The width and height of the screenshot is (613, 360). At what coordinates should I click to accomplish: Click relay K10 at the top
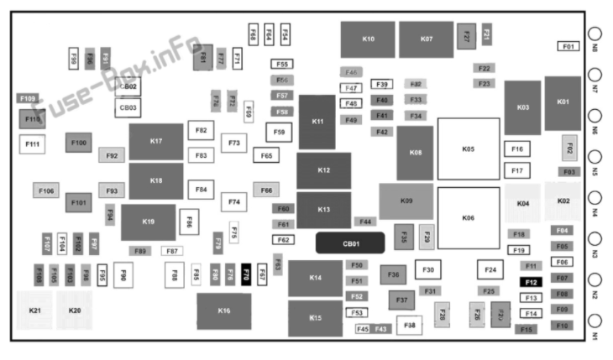pos(367,39)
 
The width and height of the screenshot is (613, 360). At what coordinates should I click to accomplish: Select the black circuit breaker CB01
pos(350,243)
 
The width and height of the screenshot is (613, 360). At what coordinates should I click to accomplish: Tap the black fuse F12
pos(531,283)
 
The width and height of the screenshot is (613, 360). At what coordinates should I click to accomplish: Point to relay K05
pos(468,149)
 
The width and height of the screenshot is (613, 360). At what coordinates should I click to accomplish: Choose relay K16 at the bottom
pos(223,310)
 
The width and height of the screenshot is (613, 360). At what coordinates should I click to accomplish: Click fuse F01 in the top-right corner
pos(568,46)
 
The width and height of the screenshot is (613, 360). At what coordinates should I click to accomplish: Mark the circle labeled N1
pos(595,321)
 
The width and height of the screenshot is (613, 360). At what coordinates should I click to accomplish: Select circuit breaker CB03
pos(128,107)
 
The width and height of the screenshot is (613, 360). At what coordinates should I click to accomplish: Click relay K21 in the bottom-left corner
pos(34,310)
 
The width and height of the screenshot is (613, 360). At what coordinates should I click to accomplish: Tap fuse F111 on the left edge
pos(33,144)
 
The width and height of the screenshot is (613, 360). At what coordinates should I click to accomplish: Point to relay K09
pos(406,201)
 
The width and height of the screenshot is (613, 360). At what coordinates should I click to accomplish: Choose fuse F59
pos(279,132)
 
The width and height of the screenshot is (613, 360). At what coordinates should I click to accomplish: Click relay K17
pos(156,141)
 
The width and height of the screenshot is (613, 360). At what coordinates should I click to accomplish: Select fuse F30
pos(428,269)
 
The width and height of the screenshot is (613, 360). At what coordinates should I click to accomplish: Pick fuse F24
pos(490,269)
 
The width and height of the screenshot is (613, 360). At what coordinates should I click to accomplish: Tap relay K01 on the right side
pos(563,102)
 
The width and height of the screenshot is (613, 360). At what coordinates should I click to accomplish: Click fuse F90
pos(122,274)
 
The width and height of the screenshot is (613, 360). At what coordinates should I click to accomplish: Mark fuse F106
pos(46,191)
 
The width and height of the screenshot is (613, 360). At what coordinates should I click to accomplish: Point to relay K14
pos(315,278)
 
